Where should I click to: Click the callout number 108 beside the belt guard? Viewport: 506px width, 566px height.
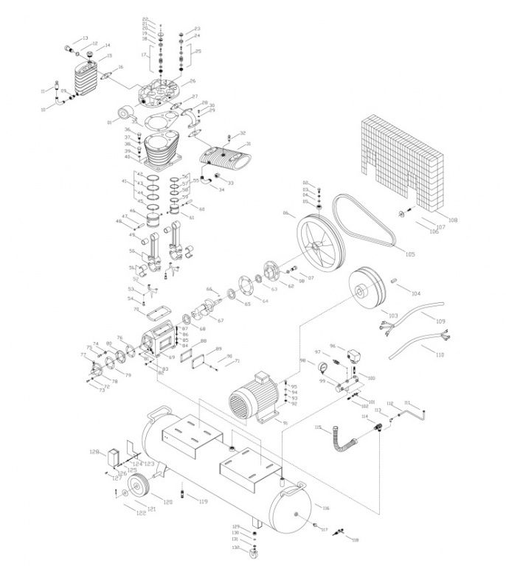(x=453, y=220)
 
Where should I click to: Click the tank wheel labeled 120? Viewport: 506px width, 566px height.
(x=138, y=487)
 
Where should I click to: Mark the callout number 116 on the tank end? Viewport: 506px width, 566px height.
(x=325, y=508)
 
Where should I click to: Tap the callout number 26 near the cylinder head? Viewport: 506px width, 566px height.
(x=193, y=81)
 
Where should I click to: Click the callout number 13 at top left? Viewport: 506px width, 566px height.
(x=86, y=38)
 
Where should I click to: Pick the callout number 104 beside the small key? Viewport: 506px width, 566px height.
(x=416, y=293)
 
